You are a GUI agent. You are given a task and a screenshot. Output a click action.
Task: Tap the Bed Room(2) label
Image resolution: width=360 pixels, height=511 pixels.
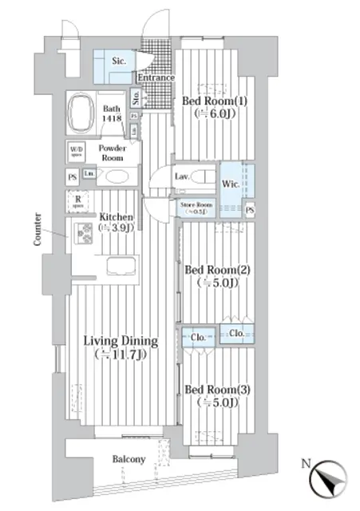point(218,275)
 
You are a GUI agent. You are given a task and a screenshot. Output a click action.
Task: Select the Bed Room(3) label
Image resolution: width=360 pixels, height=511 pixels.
point(217,395)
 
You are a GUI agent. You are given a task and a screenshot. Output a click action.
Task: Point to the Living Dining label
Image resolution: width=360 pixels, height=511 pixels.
point(121,347)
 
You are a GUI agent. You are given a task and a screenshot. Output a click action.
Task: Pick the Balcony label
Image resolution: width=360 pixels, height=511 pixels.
point(128,459)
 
